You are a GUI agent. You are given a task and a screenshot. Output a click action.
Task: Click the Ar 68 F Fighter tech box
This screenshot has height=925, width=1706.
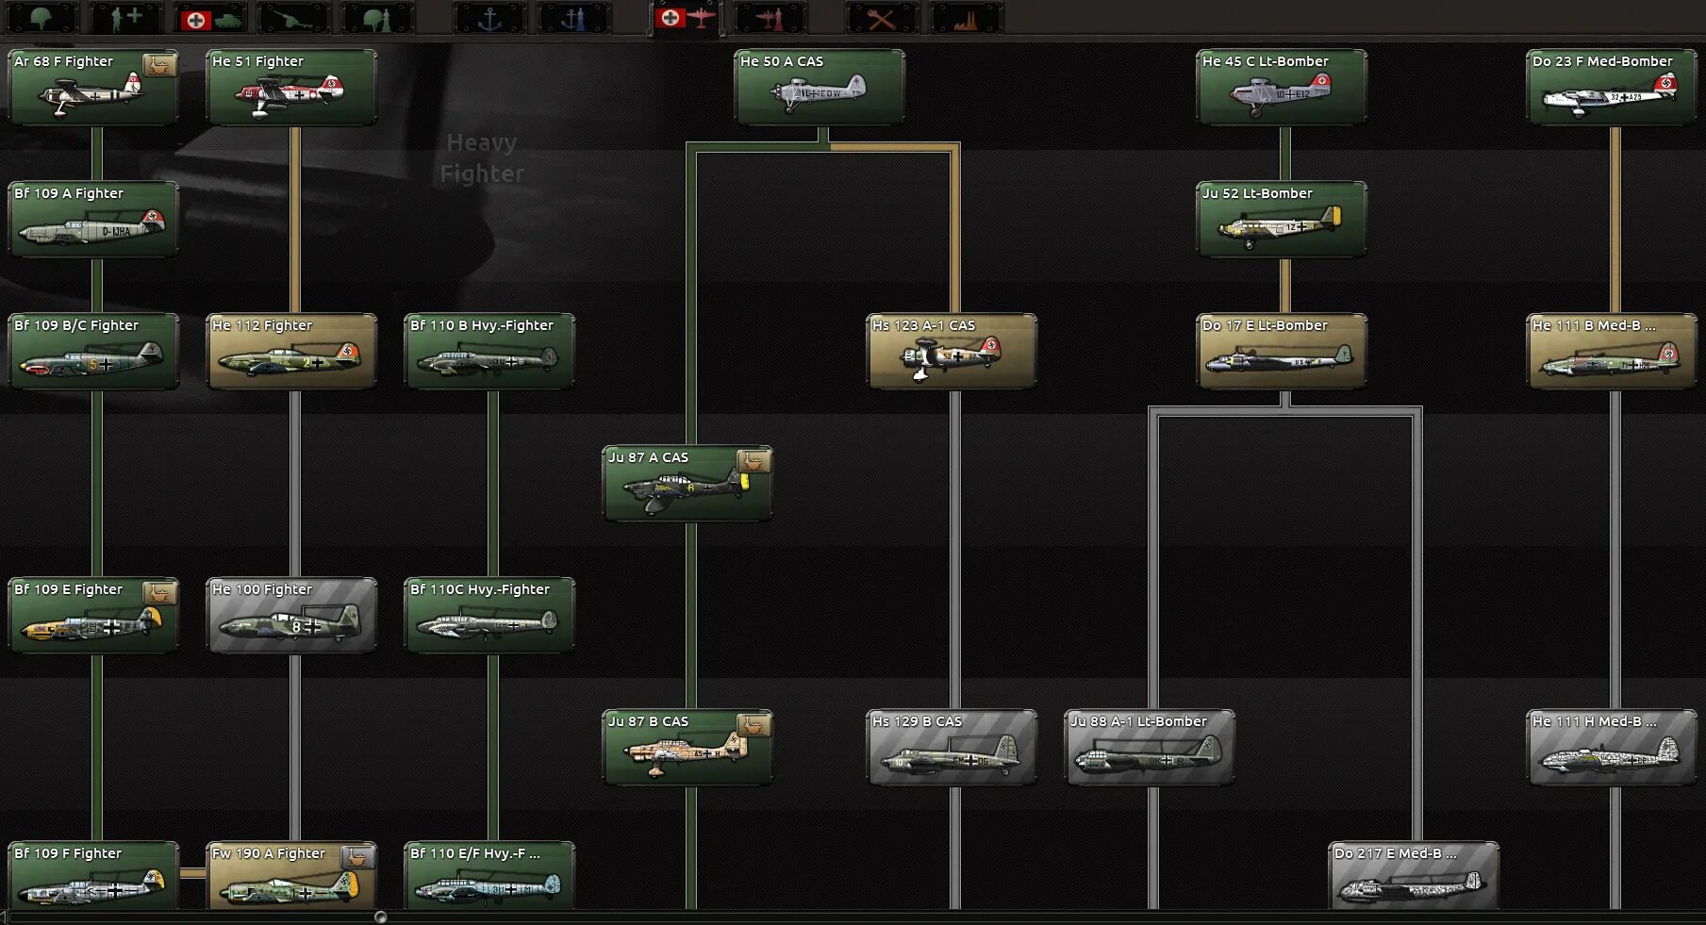92,87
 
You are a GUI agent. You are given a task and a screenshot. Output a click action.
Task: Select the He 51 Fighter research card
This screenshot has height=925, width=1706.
290,87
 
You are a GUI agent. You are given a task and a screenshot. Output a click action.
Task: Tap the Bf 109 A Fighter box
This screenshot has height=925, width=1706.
92,219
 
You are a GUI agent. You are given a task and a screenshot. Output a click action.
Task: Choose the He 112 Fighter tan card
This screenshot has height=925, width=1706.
290,351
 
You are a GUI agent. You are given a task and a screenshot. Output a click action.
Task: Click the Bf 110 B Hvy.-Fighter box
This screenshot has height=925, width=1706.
489,351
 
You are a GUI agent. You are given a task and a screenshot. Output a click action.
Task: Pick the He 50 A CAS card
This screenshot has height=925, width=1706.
819,87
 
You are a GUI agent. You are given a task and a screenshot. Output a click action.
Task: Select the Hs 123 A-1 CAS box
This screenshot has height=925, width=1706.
951,351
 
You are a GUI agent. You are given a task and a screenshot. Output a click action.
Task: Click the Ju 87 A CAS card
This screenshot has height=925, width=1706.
687,483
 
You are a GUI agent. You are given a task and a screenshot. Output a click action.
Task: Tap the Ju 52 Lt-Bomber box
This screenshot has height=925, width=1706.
1281,219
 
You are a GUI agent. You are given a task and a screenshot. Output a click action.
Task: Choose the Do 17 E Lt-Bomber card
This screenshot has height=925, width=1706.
1281,351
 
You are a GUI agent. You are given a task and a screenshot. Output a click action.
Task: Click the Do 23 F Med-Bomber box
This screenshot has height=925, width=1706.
1611,87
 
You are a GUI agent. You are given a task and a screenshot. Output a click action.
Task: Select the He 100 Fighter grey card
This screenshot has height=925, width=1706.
290,615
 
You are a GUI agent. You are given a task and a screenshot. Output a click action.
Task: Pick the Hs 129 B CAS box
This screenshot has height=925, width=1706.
951,747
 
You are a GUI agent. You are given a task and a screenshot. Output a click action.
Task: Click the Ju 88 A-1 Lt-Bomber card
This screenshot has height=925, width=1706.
1149,747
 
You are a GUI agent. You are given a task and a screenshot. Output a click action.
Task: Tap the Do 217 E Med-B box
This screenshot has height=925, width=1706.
1413,877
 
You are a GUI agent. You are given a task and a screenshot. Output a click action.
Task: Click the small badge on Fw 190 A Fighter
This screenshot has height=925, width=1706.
357,856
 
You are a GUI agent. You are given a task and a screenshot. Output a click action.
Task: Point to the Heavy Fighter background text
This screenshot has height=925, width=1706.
481,158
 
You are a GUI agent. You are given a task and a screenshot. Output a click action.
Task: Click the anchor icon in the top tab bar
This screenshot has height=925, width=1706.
489,18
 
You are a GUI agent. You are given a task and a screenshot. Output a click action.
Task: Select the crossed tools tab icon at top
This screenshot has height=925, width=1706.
881,18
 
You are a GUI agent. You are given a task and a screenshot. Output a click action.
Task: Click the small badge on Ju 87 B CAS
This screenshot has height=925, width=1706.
754,724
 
